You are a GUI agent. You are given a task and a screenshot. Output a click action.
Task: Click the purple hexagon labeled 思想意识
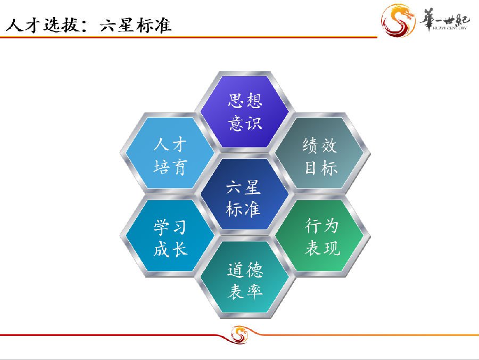click(245, 112)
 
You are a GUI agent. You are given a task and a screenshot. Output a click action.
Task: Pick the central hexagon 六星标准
click(245, 194)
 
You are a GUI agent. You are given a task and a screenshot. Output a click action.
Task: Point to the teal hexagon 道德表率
click(245, 277)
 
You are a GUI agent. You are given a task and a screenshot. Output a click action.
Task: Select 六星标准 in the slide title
click(136, 24)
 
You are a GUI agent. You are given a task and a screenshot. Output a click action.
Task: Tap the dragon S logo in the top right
click(398, 20)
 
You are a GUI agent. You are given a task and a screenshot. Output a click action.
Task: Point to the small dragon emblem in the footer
click(239, 334)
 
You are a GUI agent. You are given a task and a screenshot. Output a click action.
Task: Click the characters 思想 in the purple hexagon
click(245, 100)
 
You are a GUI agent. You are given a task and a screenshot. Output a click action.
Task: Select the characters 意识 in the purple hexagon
click(245, 123)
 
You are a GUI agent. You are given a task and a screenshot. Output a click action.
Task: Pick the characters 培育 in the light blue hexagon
click(170, 167)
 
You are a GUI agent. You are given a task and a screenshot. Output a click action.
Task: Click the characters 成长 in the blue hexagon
click(170, 249)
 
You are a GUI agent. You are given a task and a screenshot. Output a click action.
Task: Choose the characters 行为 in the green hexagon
click(321, 226)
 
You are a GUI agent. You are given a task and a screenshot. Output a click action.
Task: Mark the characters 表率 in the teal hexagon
click(245, 291)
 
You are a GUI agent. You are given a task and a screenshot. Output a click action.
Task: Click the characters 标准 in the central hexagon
click(243, 209)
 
